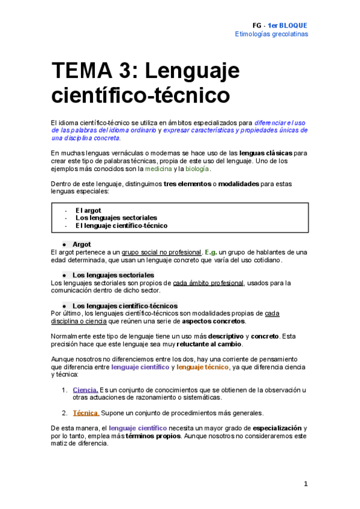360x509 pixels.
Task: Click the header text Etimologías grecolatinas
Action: (271, 34)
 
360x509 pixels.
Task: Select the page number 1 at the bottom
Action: (305, 484)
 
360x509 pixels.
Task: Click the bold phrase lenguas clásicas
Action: (267, 153)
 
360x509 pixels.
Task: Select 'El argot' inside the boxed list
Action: (88, 210)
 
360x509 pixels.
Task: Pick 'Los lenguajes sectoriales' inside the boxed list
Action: (116, 218)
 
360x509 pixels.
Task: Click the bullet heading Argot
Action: (82, 244)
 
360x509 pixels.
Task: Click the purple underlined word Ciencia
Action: (85, 390)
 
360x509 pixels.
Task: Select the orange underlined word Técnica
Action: (86, 413)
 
